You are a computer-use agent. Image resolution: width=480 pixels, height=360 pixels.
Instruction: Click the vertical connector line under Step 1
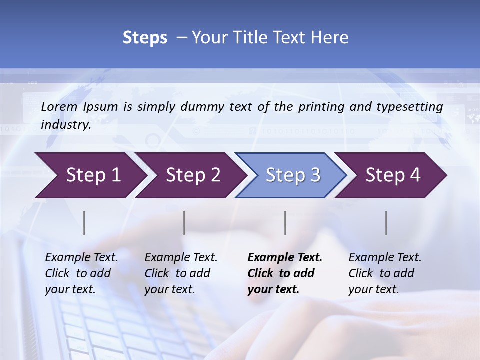[84, 223]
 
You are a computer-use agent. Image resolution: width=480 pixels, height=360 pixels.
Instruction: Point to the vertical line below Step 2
[184, 223]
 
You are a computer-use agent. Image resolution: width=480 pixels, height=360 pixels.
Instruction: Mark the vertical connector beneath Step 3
[285, 223]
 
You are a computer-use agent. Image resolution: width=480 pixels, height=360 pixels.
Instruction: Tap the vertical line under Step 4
[386, 223]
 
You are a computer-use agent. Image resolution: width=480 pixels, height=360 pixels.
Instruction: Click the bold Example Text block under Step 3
[285, 273]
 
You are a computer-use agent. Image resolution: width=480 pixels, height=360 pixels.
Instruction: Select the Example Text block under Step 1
[81, 273]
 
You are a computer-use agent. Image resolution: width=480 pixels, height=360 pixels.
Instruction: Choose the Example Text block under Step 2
[181, 273]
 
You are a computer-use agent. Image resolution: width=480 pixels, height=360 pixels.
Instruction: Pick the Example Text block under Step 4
[385, 273]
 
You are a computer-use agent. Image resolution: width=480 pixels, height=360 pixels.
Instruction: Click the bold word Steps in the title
[145, 38]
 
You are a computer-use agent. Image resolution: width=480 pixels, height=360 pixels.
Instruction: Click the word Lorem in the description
[59, 106]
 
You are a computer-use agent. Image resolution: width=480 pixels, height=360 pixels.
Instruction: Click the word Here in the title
[330, 38]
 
